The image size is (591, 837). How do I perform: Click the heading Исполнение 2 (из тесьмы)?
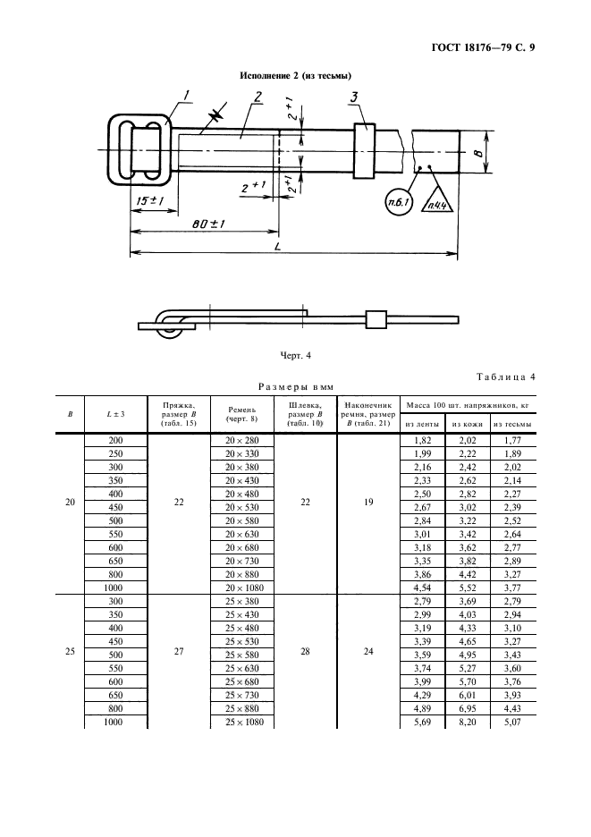[x=295, y=76]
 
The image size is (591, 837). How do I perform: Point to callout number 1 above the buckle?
[x=186, y=95]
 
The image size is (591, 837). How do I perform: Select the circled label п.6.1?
[x=397, y=204]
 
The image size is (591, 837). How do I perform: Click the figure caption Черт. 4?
[x=295, y=356]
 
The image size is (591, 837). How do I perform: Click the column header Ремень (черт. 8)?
[x=241, y=413]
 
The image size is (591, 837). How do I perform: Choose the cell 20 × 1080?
[x=241, y=587]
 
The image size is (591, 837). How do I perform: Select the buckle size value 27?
[x=179, y=652]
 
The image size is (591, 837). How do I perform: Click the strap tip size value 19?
[x=368, y=503]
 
